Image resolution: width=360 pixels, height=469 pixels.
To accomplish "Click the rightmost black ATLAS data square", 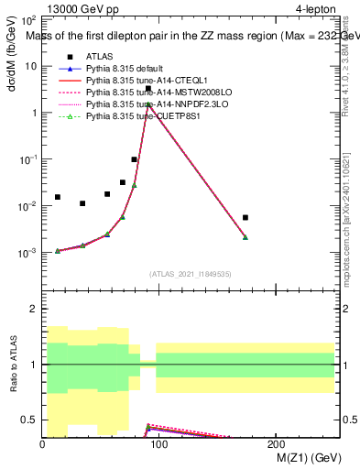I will point(245,217).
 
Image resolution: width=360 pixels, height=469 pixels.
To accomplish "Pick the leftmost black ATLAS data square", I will point(58,197).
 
